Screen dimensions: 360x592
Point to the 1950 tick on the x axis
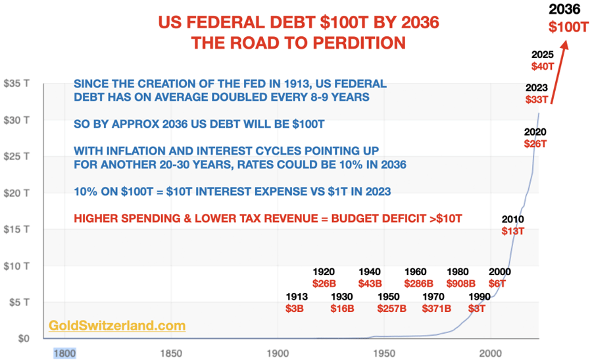(385, 353)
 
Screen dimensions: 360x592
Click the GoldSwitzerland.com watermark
(117, 325)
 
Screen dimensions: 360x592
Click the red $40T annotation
(543, 66)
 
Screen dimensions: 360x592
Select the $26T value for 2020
(535, 143)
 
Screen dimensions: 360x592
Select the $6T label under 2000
(499, 284)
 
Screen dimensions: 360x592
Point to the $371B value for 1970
(435, 308)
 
